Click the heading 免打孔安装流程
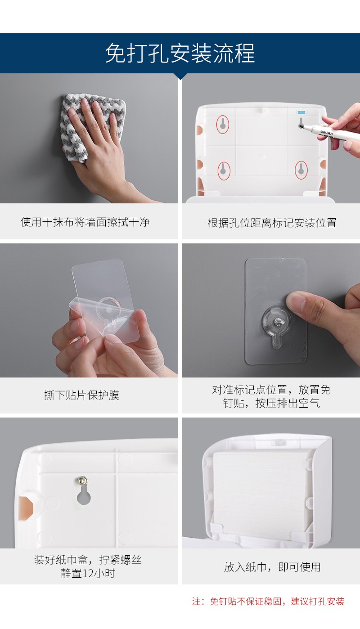(x=180, y=53)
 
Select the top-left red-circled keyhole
(x=222, y=124)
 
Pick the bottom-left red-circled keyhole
(x=224, y=171)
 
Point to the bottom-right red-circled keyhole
(x=301, y=170)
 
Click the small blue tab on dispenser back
(x=301, y=112)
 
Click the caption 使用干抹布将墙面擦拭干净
(x=85, y=222)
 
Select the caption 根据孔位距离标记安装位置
(x=272, y=223)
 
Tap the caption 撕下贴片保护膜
(x=82, y=395)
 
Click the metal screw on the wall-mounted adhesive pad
(x=278, y=322)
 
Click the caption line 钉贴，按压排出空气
(x=271, y=403)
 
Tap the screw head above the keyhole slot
(x=82, y=481)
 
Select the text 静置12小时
(x=88, y=573)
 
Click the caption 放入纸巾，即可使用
(x=272, y=567)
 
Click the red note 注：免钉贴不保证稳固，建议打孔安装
(x=268, y=601)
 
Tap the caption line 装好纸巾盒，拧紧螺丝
(x=88, y=560)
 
